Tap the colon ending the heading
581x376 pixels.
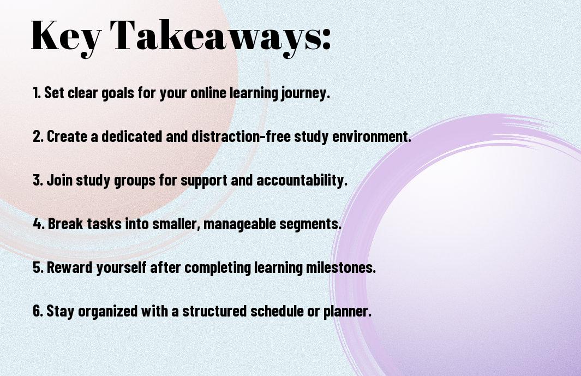click(x=326, y=39)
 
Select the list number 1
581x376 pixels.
click(x=37, y=93)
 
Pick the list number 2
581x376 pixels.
click(x=38, y=136)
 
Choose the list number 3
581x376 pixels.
click(x=38, y=180)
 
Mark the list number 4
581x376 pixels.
click(x=39, y=224)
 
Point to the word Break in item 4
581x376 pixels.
click(x=65, y=224)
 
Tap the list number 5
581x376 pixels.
click(x=38, y=267)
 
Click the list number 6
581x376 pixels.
click(x=38, y=311)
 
